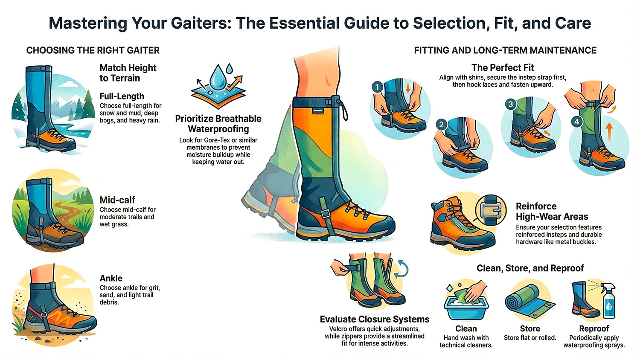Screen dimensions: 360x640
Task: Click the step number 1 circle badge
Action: (x=377, y=87)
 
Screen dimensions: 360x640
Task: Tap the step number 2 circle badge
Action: (x=441, y=125)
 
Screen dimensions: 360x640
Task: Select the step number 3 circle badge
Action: (x=510, y=104)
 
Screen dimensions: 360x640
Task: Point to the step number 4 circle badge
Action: (x=577, y=122)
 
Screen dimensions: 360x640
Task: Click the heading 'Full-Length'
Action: (x=122, y=96)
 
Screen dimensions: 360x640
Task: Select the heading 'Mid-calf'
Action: (x=117, y=200)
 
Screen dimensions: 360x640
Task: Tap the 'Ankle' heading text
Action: (x=111, y=279)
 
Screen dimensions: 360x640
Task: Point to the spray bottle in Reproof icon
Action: (x=608, y=302)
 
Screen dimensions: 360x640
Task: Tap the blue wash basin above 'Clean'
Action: (x=466, y=308)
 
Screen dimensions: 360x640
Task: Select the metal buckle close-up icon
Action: (x=491, y=209)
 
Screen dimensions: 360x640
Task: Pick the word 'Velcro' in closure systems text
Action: (x=340, y=329)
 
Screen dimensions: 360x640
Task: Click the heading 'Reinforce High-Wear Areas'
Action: (x=552, y=212)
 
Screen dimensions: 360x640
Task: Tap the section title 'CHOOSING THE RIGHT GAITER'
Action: (x=93, y=50)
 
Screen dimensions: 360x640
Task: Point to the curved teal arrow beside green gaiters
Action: (x=402, y=269)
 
